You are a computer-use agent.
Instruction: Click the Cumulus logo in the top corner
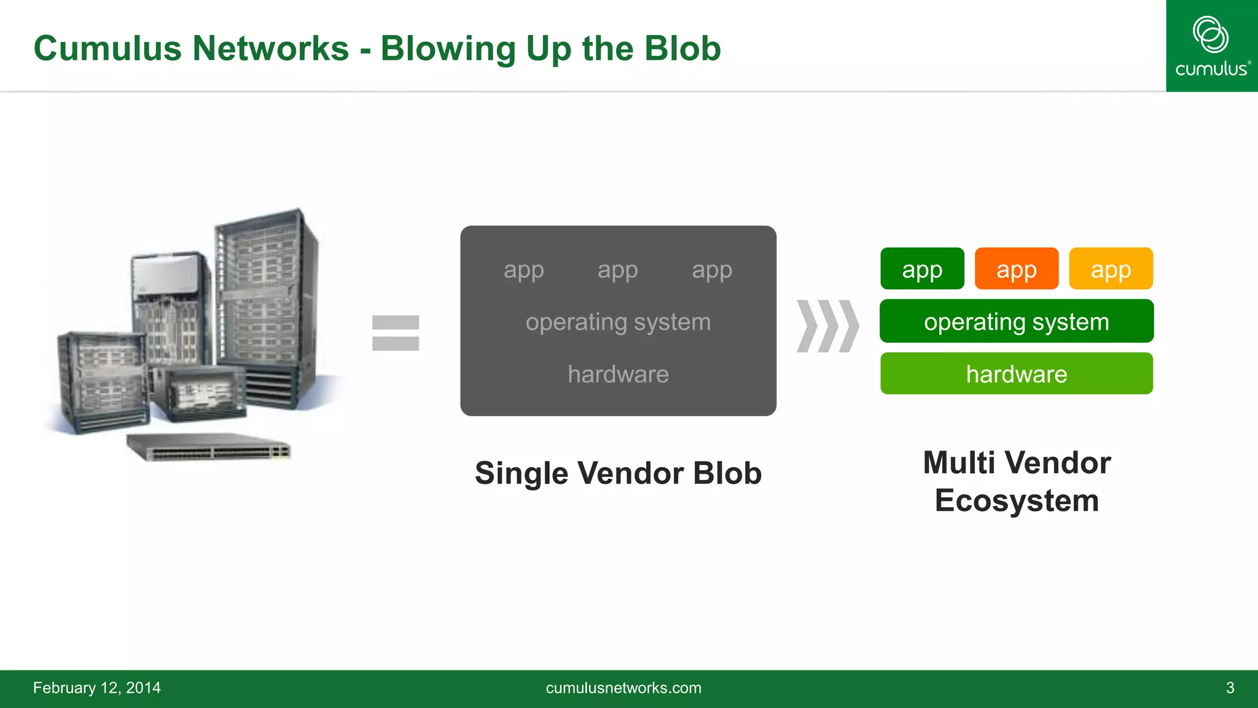1211,46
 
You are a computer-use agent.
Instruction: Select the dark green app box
922,269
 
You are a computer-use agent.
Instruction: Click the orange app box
1016,269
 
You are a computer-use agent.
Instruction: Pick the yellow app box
1111,269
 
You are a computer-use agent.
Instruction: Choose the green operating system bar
1016,321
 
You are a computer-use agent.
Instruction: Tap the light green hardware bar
1016,374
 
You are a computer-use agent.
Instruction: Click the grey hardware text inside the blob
618,374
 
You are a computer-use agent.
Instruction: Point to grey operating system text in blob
618,322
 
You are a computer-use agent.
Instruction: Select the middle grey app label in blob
618,270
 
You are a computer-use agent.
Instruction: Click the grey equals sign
396,333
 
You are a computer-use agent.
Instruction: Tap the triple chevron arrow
827,326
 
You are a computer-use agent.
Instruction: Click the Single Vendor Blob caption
618,473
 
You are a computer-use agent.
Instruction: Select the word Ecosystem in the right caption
1017,500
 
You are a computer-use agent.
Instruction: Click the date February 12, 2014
97,688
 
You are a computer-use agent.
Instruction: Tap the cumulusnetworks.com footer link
623,688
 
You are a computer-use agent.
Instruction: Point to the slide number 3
1230,688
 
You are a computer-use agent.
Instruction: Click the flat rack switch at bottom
209,447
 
